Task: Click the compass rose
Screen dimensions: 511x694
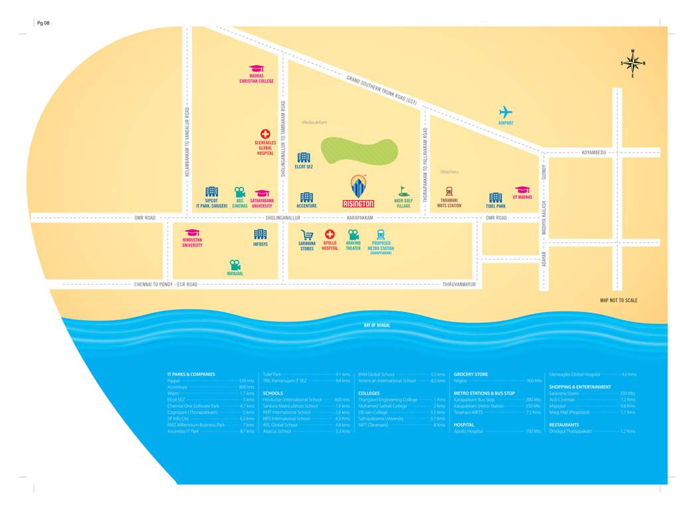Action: point(633,63)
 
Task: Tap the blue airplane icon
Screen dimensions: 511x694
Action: point(506,112)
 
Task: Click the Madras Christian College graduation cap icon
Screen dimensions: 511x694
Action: point(257,69)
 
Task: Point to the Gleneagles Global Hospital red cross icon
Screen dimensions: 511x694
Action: point(265,134)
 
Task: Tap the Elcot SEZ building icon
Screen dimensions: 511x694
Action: point(304,158)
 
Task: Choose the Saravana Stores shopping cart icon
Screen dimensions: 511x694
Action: point(306,235)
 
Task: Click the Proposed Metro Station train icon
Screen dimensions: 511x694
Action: point(380,234)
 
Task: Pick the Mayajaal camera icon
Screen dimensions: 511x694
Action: point(235,265)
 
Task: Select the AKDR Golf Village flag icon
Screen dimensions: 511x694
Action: point(403,192)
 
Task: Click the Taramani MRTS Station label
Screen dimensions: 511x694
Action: point(449,203)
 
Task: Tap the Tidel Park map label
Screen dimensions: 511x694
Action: point(495,206)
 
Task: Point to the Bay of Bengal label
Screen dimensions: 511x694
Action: point(377,325)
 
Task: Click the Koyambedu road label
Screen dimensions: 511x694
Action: point(594,152)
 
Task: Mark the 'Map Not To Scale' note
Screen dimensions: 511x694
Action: point(618,300)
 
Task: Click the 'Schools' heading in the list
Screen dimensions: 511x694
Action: point(273,393)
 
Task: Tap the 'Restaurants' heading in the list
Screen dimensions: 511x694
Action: point(564,425)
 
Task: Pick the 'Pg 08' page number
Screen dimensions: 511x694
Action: point(43,23)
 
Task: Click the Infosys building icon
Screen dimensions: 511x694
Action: point(261,234)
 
